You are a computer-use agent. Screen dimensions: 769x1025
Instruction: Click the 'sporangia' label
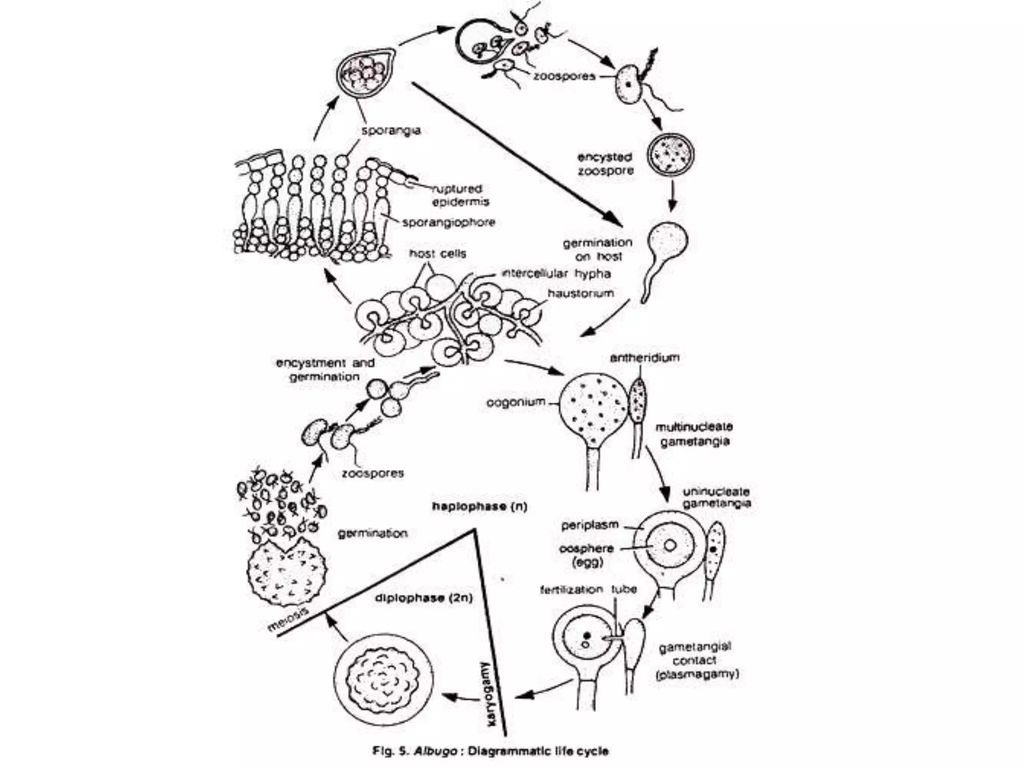[x=391, y=131]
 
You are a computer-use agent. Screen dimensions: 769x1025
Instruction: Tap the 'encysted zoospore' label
[x=605, y=164]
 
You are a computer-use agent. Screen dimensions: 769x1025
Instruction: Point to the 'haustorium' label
[x=580, y=293]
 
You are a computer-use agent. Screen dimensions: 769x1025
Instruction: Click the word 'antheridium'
[x=645, y=357]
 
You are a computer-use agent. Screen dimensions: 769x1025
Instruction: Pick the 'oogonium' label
[x=516, y=402]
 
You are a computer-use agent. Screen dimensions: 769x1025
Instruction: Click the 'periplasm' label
[x=590, y=525]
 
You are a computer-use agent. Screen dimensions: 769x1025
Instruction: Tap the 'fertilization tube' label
[x=588, y=589]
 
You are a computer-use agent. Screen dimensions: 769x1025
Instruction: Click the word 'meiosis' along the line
[x=288, y=620]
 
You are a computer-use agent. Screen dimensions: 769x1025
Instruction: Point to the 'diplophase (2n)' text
[x=423, y=598]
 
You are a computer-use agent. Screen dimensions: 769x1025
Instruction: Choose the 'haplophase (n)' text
[x=479, y=506]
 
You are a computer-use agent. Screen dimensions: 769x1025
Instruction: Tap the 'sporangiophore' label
[x=448, y=222]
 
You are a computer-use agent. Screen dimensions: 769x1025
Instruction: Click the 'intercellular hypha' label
[x=556, y=273]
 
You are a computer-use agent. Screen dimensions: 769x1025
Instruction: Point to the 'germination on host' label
[x=598, y=249]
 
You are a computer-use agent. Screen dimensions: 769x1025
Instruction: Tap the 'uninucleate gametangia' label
[x=716, y=497]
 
